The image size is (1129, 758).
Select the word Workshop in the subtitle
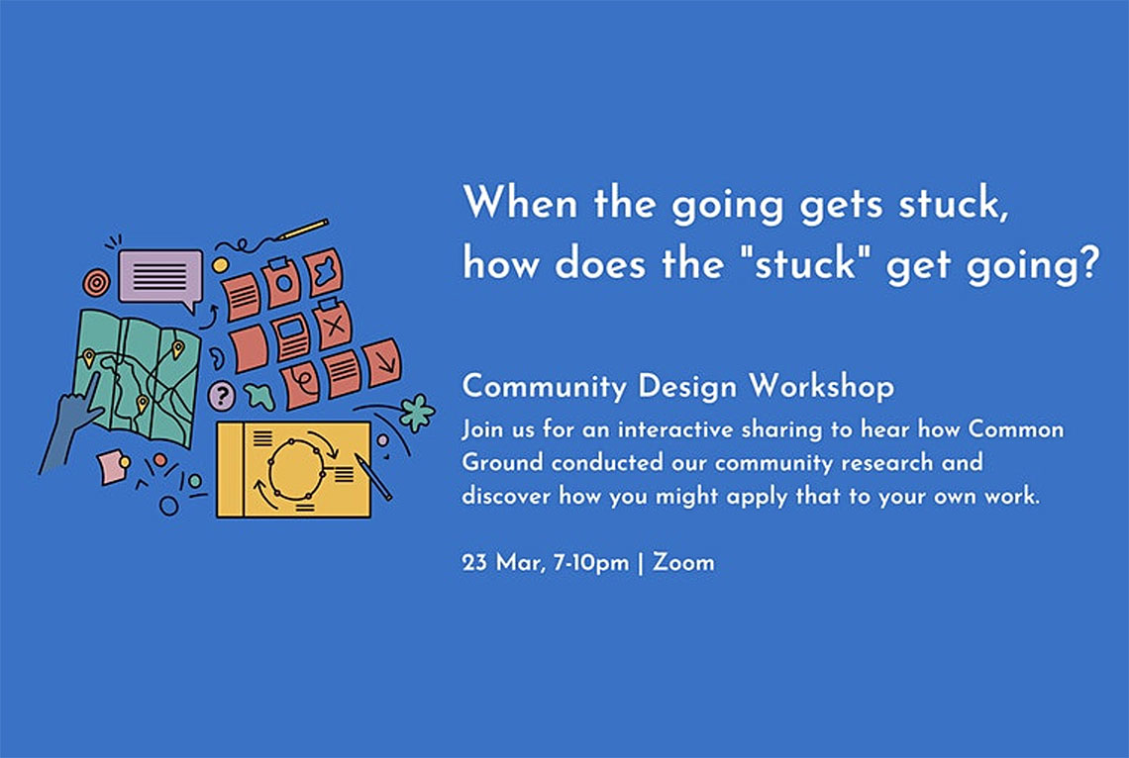[822, 386]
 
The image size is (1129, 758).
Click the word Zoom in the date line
[683, 562]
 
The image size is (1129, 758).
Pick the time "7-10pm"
[590, 563]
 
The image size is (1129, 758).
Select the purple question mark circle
[222, 395]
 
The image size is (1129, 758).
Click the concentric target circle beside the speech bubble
[96, 283]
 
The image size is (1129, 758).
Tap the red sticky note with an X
[333, 325]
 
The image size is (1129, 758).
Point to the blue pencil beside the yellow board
[373, 476]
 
